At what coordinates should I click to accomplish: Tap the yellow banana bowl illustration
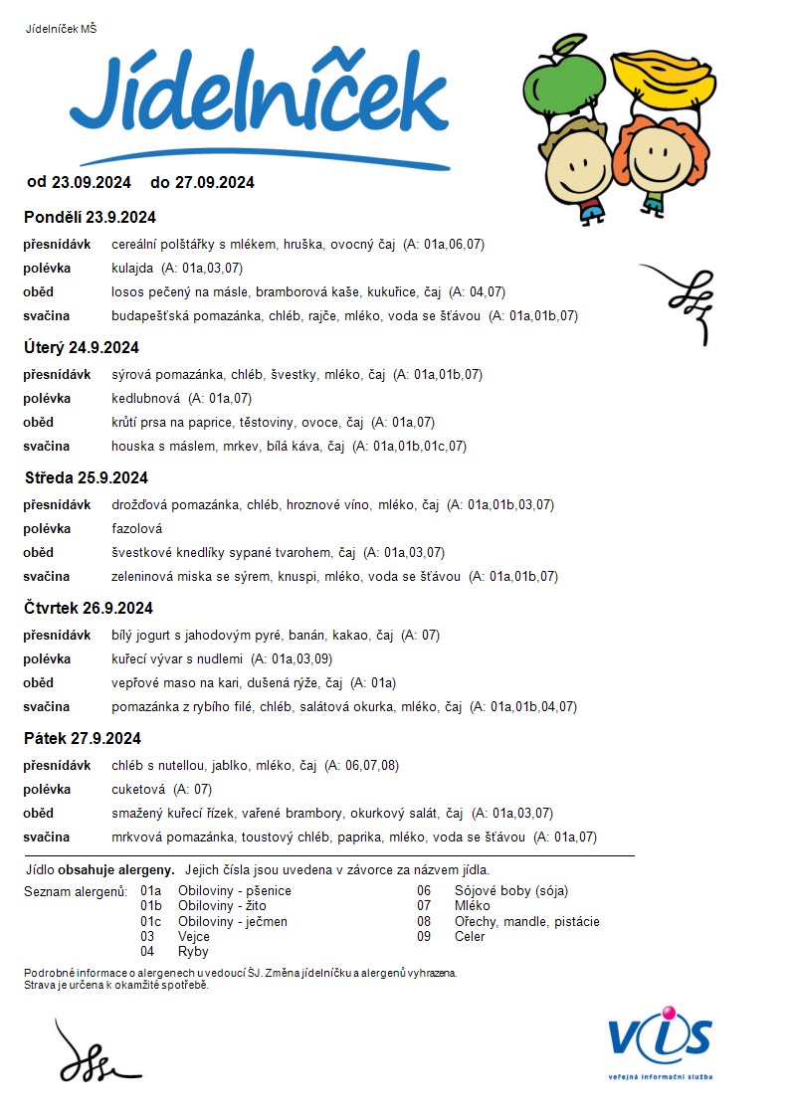click(x=665, y=78)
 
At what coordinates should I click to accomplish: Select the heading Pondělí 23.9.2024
click(x=90, y=217)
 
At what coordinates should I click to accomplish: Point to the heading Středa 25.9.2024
click(x=86, y=477)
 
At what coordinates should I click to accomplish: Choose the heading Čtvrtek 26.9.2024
click(x=89, y=608)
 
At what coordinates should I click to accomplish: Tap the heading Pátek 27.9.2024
click(x=83, y=738)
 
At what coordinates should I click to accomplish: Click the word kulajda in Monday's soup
click(x=132, y=268)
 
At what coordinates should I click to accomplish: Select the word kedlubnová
click(x=145, y=398)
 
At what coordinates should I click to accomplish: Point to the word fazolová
click(x=136, y=528)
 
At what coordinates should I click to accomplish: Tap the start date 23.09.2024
click(x=92, y=182)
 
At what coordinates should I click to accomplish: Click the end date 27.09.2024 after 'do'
click(x=215, y=182)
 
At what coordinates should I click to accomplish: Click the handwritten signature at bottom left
click(x=95, y=1052)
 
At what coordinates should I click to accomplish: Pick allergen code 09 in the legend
click(x=424, y=936)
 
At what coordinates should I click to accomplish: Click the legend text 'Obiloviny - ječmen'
click(x=232, y=921)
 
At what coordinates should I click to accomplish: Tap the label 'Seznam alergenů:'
click(x=77, y=891)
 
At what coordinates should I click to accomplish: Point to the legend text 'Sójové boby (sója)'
click(x=510, y=891)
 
